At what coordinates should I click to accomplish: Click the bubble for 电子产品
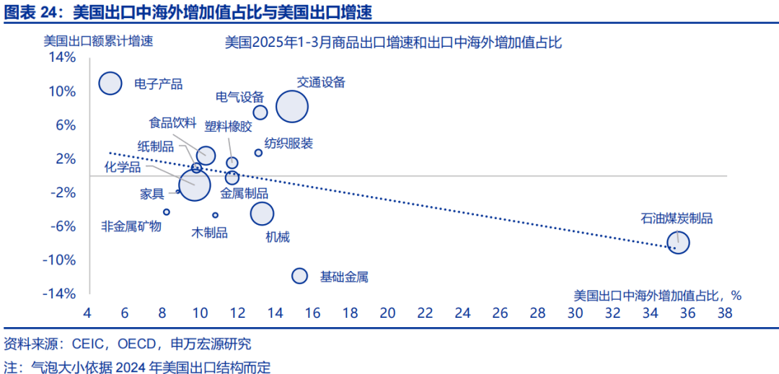pyautogui.click(x=110, y=83)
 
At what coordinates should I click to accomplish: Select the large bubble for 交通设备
pyautogui.click(x=292, y=107)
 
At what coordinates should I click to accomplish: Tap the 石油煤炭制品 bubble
pyautogui.click(x=679, y=243)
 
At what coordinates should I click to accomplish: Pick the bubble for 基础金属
pyautogui.click(x=299, y=275)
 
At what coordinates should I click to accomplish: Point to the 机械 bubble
pyautogui.click(x=263, y=213)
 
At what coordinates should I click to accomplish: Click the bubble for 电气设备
pyautogui.click(x=260, y=112)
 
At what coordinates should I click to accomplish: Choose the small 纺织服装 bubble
pyautogui.click(x=258, y=153)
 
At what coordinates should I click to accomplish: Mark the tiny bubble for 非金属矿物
pyautogui.click(x=167, y=212)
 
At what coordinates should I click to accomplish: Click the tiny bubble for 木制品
pyautogui.click(x=215, y=215)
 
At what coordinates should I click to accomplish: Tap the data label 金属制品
pyautogui.click(x=244, y=193)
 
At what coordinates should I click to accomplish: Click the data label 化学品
pyautogui.click(x=123, y=168)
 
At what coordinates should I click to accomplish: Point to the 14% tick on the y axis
pyautogui.click(x=61, y=57)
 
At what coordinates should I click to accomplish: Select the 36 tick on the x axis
pyautogui.click(x=687, y=313)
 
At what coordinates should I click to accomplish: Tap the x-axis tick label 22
pyautogui.click(x=425, y=313)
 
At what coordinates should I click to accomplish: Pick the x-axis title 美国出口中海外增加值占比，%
pyautogui.click(x=657, y=295)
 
